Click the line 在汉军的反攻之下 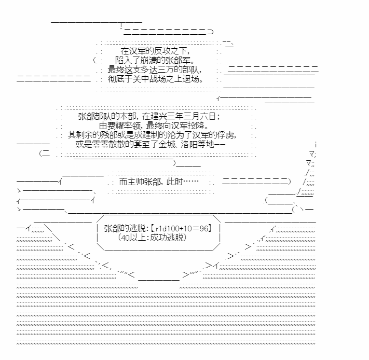[155, 51]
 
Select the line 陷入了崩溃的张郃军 [155, 60]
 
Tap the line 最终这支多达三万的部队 [155, 70]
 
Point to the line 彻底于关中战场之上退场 [156, 79]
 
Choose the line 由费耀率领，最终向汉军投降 [154, 126]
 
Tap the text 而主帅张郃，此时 [151, 182]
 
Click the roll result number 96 [204, 228]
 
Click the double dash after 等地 [220, 144]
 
